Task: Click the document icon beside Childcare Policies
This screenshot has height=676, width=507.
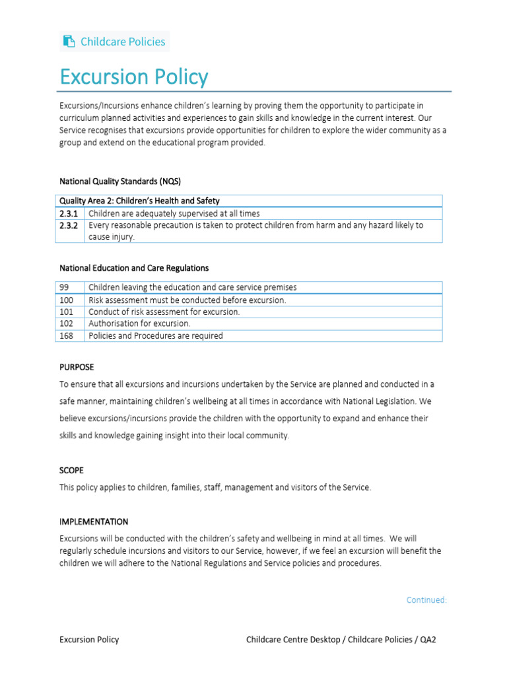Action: (x=69, y=42)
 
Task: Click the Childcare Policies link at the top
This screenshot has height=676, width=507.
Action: (x=123, y=42)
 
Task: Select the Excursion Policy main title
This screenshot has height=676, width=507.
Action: (x=133, y=77)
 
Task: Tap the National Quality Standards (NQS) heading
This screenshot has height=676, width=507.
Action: (x=120, y=181)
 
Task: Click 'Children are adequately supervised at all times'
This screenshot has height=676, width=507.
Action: (x=174, y=213)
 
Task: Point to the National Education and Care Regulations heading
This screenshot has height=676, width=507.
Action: (x=134, y=268)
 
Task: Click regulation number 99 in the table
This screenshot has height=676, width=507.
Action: (x=64, y=287)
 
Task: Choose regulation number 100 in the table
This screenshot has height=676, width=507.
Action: (x=66, y=300)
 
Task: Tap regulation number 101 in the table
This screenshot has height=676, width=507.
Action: (x=66, y=312)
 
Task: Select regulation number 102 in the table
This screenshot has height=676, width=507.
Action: (x=66, y=323)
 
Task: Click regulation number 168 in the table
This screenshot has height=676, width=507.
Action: (x=66, y=335)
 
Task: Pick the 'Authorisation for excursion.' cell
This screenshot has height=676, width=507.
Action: (x=139, y=323)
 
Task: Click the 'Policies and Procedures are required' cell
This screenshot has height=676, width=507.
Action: (x=156, y=335)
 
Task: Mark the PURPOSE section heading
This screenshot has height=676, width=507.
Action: (x=77, y=367)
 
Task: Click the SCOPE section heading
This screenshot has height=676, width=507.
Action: (x=72, y=471)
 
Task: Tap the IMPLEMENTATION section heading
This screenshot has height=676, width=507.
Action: (x=94, y=522)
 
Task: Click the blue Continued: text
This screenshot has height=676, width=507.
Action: (x=426, y=600)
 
